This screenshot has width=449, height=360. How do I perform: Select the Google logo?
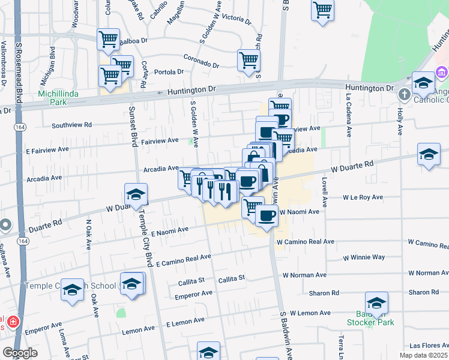[x=20, y=353]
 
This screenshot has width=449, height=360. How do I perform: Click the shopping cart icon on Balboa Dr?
[x=108, y=40]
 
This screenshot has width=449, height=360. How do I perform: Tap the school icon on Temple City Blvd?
[x=136, y=194]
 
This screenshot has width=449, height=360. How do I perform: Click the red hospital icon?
[x=13, y=322]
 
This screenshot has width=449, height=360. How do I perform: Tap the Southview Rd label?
[x=71, y=125]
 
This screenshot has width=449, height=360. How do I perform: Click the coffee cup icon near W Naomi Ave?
[x=267, y=215]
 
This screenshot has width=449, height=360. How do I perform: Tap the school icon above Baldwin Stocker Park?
[x=376, y=303]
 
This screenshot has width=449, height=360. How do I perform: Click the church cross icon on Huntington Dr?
[x=404, y=94]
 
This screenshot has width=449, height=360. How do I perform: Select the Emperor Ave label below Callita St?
[x=193, y=294]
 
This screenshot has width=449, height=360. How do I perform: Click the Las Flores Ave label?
[x=429, y=346]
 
